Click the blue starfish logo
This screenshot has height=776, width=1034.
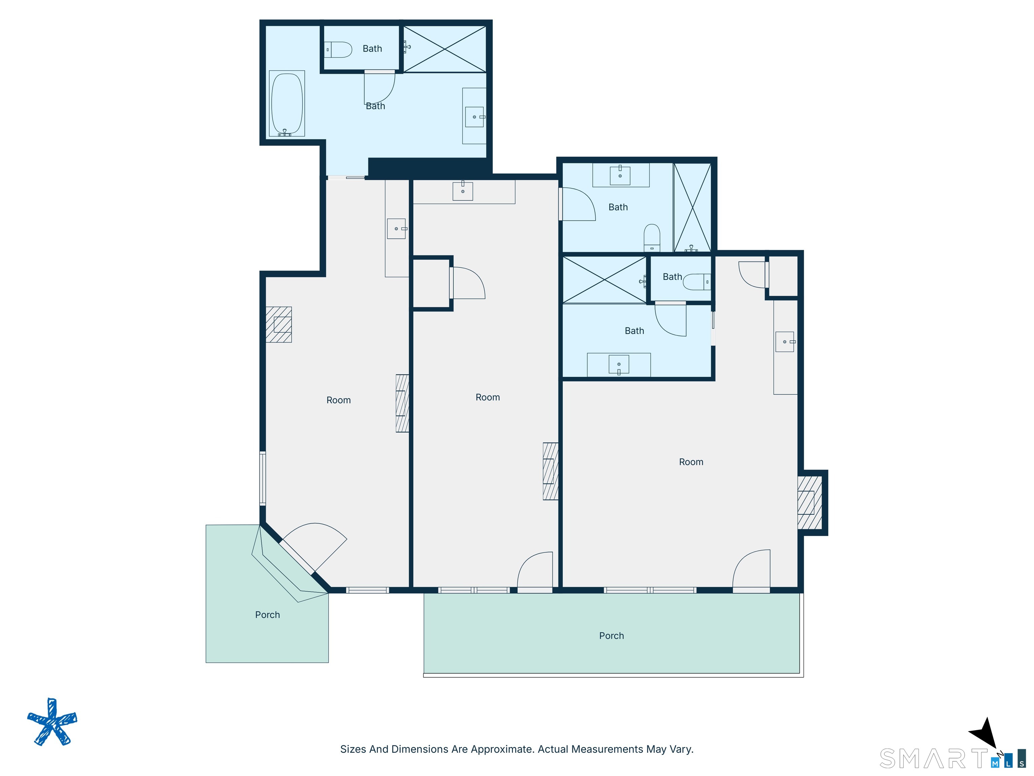pos(53,722)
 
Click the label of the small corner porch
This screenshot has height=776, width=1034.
pos(267,615)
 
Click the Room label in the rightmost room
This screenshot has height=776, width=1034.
pos(691,462)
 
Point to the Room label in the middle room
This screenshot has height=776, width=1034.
pos(488,397)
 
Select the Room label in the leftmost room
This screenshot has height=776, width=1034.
pos(338,400)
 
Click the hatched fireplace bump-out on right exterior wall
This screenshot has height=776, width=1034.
pos(812,503)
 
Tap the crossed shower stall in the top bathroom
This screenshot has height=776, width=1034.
pos(445,49)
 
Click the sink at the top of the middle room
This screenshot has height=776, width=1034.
pos(463,191)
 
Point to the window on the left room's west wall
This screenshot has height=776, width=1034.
pos(263,478)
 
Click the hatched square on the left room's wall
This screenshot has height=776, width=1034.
pos(279,325)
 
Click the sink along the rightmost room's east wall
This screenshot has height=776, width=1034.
pos(785,342)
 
